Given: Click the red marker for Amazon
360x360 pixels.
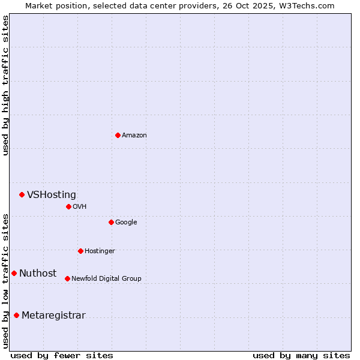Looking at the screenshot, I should [118, 135].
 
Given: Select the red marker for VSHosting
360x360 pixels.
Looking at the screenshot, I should [22, 194].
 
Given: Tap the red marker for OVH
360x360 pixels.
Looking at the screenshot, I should [68, 206].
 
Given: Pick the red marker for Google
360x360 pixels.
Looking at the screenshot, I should [111, 222].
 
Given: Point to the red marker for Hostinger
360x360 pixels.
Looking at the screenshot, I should [80, 251].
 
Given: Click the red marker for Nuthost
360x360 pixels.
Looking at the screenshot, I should [14, 273].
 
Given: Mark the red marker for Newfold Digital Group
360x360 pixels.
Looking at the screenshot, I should [67, 278].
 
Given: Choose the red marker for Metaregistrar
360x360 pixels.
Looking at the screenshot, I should [16, 315].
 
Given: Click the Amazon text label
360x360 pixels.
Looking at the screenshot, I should [134, 136].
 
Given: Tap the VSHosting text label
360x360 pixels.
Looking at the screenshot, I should [52, 195].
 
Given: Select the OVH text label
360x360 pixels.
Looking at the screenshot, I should [80, 207].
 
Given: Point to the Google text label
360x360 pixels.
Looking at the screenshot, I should [126, 223].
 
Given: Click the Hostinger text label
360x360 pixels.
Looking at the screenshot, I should [100, 251].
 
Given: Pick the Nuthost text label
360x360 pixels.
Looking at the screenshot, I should [38, 274].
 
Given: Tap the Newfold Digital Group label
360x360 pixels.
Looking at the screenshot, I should [106, 279].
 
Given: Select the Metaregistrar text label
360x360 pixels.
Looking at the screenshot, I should [53, 316].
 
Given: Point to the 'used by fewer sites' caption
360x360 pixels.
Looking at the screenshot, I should [62, 356].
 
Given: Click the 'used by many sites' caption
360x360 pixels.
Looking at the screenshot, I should [301, 356].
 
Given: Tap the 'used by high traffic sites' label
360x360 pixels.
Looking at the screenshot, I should [6, 85].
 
